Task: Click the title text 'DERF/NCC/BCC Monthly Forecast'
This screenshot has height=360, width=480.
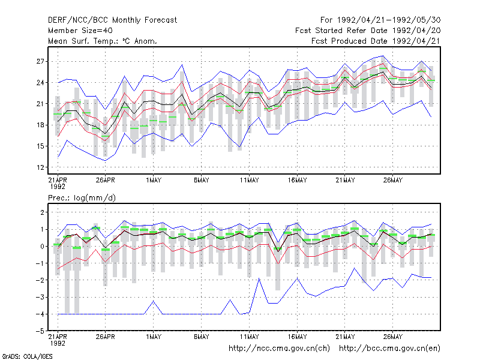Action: pyautogui.click(x=112, y=20)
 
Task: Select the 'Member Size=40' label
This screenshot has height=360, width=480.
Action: pyautogui.click(x=80, y=31)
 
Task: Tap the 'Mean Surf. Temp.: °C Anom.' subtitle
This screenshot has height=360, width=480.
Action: pyautogui.click(x=103, y=41)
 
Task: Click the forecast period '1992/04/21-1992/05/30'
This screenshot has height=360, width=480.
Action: pyautogui.click(x=389, y=20)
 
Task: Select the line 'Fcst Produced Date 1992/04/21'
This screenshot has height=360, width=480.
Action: pyautogui.click(x=376, y=41)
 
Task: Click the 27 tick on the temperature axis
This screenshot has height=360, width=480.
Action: pyautogui.click(x=40, y=62)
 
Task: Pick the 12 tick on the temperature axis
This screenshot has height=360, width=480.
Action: pyautogui.click(x=40, y=167)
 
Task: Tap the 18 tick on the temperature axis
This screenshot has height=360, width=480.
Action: pyautogui.click(x=40, y=125)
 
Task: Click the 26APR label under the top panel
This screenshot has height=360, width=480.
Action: pyautogui.click(x=106, y=180)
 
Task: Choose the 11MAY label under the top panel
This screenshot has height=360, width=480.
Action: pyautogui.click(x=249, y=180)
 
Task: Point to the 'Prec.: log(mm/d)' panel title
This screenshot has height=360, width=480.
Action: pyautogui.click(x=82, y=198)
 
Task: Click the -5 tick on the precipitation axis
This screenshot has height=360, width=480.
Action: pyautogui.click(x=40, y=331)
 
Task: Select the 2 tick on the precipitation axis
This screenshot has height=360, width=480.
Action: pyautogui.click(x=42, y=212)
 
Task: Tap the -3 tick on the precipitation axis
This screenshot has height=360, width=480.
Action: pyautogui.click(x=40, y=297)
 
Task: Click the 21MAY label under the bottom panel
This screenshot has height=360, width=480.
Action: pyautogui.click(x=345, y=337)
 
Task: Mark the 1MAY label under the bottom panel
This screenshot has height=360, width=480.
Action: pyautogui.click(x=154, y=337)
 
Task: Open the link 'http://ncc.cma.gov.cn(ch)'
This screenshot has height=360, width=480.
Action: pyautogui.click(x=279, y=349)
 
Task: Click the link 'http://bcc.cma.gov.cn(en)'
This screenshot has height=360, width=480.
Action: pyautogui.click(x=389, y=349)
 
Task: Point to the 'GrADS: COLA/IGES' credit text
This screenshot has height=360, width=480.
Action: pyautogui.click(x=27, y=356)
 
